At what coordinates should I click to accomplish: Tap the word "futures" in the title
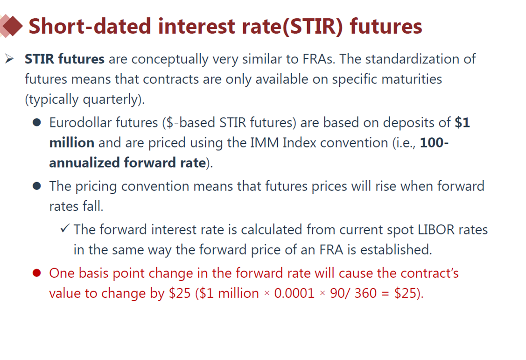coord(386,26)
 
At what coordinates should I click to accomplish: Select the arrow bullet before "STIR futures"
coord(9,59)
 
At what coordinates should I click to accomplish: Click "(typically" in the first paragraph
coord(52,99)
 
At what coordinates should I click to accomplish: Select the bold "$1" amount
coord(462,122)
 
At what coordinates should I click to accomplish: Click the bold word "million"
coord(72,143)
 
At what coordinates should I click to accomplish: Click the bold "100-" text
coord(434,143)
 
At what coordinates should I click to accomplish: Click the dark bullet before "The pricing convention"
coord(37,186)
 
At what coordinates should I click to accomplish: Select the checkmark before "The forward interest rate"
coord(65,229)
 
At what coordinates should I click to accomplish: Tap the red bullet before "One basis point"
coord(37,273)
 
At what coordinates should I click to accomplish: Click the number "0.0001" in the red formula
coord(294,294)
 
